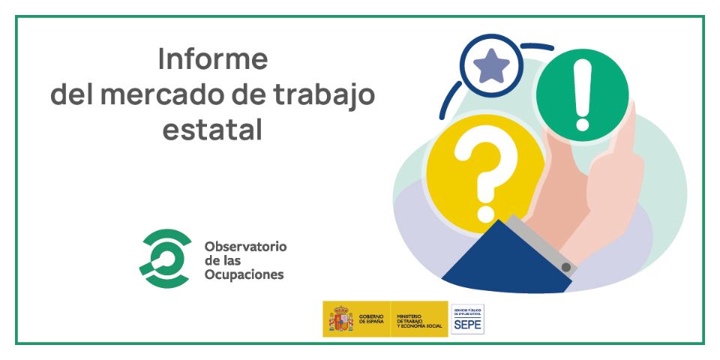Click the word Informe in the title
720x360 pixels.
213,59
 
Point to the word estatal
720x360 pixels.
213,130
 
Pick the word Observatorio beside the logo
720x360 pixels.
245,246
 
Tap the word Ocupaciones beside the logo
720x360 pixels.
244,274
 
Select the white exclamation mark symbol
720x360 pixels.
582,94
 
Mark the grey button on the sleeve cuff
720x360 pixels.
567,267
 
